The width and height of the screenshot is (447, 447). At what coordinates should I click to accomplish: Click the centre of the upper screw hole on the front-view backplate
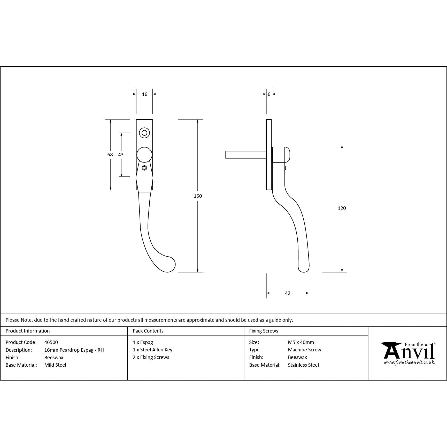pos(144,133)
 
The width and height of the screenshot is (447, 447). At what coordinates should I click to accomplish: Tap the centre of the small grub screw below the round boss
pos(144,168)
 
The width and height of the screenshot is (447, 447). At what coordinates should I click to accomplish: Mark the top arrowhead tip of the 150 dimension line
pos(198,120)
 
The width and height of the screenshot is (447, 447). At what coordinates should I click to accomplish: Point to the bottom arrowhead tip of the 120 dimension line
pos(342,272)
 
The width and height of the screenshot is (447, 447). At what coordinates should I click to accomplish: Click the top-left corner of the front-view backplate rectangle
pos(136,120)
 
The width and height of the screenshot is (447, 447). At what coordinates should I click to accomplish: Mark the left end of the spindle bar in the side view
pos(226,155)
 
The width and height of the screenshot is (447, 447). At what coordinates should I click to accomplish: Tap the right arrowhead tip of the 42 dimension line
pos(309,293)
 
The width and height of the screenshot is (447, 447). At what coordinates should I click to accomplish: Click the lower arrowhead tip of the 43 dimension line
pos(121,176)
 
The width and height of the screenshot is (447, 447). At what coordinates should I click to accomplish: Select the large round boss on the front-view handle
pos(144,155)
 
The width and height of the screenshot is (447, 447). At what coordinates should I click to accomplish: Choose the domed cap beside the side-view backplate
pos(281,155)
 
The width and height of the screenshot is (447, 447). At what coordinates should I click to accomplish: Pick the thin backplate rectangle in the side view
pos(269,155)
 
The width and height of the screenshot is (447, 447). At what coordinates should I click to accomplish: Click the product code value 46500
pos(51,342)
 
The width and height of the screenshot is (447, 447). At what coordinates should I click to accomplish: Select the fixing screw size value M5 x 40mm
pos(301,342)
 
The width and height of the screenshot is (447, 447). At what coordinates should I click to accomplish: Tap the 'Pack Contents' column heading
pos(148,331)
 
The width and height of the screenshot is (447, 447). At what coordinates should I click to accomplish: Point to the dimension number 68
pos(110,155)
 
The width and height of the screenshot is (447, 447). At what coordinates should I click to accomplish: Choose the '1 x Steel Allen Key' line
pos(152,350)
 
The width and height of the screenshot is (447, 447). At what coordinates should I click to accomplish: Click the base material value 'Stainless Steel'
pos(303,365)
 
